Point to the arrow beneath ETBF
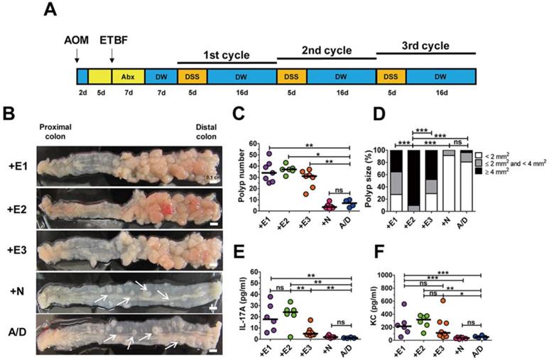[x=112, y=54]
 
